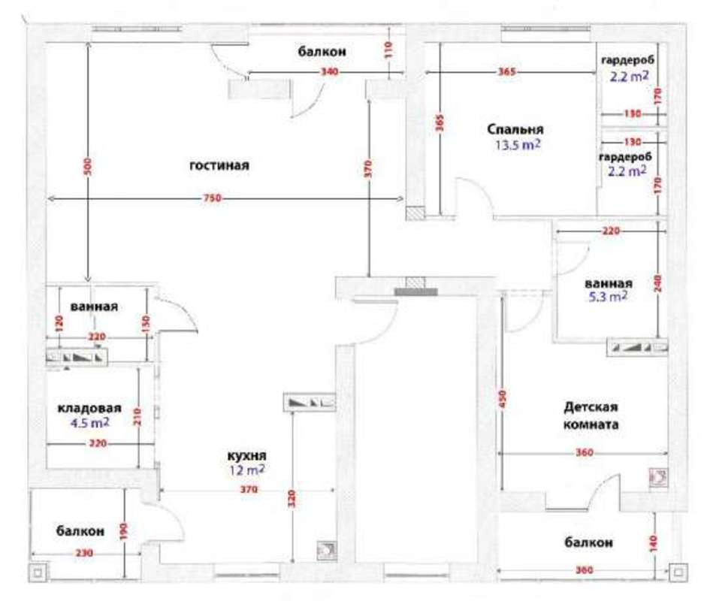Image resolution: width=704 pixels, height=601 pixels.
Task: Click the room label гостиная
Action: point(219,165)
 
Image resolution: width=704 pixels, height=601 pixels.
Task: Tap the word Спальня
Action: point(515,129)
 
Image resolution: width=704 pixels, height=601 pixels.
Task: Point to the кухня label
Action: point(247,456)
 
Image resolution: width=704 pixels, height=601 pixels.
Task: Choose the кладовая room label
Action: point(89,408)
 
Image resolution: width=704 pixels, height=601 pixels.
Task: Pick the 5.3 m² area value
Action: point(608,297)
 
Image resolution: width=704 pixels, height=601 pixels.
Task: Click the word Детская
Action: point(591,407)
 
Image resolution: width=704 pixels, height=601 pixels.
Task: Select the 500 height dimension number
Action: point(88,167)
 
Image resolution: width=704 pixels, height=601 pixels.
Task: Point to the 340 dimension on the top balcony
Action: point(329,72)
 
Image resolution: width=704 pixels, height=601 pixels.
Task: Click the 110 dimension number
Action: point(388,50)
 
